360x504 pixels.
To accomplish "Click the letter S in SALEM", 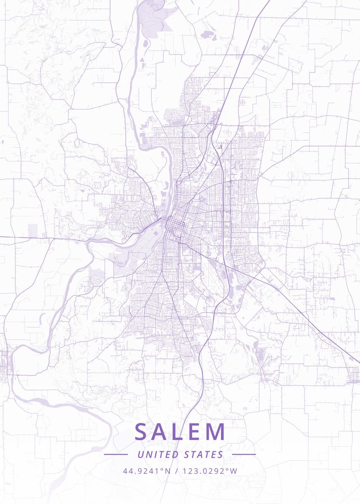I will pyautogui.click(x=141, y=432).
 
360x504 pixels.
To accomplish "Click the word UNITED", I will pyautogui.click(x=158, y=454).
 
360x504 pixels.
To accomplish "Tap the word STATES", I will pyautogui.click(x=204, y=454).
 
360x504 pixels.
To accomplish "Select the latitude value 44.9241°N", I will pyautogui.click(x=147, y=471).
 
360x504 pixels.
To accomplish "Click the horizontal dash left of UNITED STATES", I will pyautogui.click(x=116, y=454).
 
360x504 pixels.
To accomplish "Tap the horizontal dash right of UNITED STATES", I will pyautogui.click(x=244, y=454).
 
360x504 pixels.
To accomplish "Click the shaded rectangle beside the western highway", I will pyautogui.click(x=33, y=230).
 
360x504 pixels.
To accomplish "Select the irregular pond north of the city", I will pyautogui.click(x=207, y=35).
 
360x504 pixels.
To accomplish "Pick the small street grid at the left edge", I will pyautogui.click(x=4, y=361).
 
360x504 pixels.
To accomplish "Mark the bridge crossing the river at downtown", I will pyautogui.click(x=162, y=219).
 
